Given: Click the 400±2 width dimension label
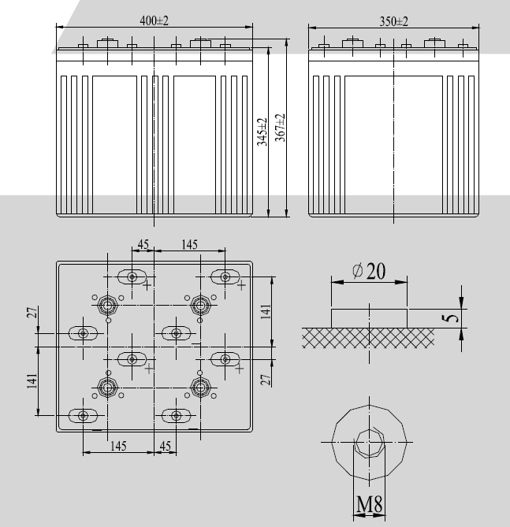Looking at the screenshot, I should pos(155,21).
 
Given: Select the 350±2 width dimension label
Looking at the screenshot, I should pos(393,21).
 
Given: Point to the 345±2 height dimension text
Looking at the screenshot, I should pos(261,131).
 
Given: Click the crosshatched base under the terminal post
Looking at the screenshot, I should pos(368,337).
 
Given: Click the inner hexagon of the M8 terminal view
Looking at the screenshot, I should pos(369,446).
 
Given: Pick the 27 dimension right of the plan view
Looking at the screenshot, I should pos(266,379).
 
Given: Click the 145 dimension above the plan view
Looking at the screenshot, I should pos(189,245).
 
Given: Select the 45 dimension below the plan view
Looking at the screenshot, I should pos(165,446).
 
